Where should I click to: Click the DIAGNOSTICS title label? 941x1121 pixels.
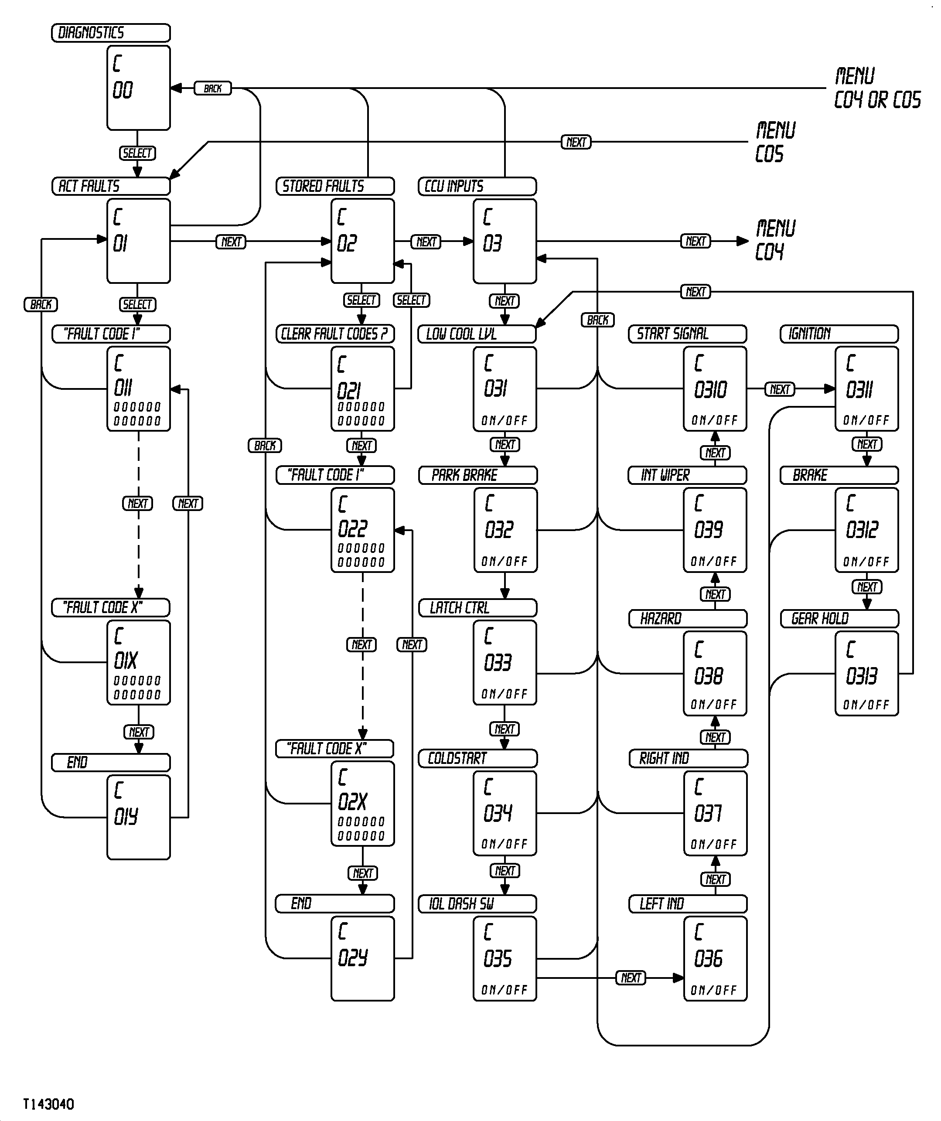pyautogui.click(x=110, y=33)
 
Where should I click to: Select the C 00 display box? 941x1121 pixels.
pyautogui.click(x=138, y=88)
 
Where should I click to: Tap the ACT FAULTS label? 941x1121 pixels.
pyautogui.click(x=110, y=186)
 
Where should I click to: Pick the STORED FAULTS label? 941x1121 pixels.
pyautogui.click(x=334, y=186)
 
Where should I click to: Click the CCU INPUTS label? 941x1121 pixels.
pyautogui.click(x=477, y=186)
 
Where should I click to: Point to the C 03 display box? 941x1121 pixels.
pyautogui.click(x=505, y=241)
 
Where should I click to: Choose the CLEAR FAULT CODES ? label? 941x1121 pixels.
pyautogui.click(x=334, y=334)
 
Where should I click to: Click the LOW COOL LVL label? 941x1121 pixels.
pyautogui.click(x=477, y=334)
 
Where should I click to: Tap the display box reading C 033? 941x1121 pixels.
pyautogui.click(x=505, y=662)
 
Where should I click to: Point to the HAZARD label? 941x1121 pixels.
pyautogui.click(x=688, y=619)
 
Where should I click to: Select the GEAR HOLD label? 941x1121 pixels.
pyautogui.click(x=839, y=619)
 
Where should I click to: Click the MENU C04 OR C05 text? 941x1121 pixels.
pyautogui.click(x=877, y=88)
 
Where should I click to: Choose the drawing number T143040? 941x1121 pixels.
pyautogui.click(x=48, y=1104)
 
